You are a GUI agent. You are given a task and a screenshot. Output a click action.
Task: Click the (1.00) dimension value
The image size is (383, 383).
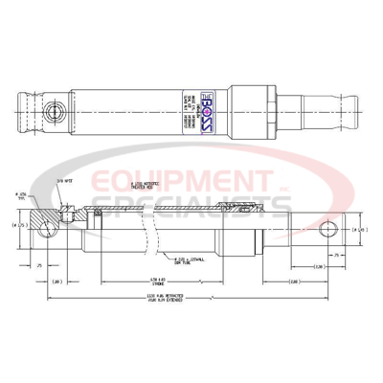click(x=57, y=281)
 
